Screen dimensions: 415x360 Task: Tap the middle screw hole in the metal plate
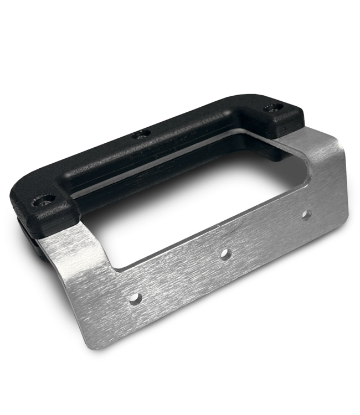[225, 254]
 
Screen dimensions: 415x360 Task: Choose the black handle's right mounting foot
[277, 113]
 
